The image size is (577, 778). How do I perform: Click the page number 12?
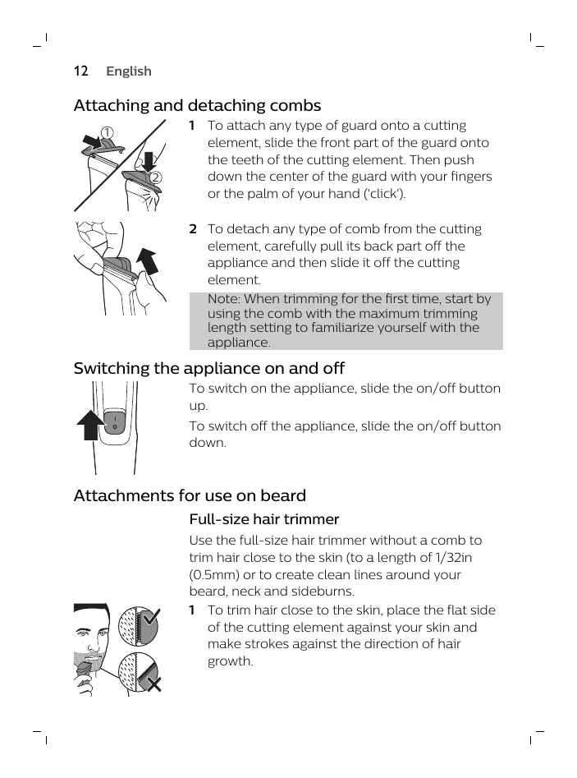[80, 71]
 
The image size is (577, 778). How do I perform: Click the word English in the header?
[129, 71]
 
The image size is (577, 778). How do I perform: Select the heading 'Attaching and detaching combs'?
[197, 106]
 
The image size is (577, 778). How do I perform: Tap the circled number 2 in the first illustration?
[154, 177]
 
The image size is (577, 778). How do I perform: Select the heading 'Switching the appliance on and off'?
[208, 368]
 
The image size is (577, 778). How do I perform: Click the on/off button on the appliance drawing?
[114, 426]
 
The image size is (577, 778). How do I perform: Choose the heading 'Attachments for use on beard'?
[190, 496]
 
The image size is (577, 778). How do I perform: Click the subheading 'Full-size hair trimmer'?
[263, 520]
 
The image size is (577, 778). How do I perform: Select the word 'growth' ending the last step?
[231, 661]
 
